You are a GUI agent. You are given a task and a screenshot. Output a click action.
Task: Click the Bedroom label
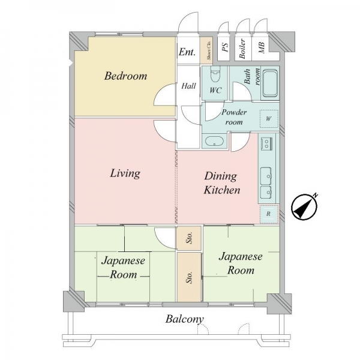tap(125, 76)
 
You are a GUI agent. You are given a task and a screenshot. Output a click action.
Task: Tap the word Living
tap(125, 173)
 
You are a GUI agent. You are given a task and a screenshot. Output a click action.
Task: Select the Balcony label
tap(185, 319)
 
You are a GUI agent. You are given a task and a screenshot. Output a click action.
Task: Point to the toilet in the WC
tap(215, 74)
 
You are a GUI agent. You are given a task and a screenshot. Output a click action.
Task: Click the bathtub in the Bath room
tap(270, 83)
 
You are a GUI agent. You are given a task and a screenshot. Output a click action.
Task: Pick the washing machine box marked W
tap(269, 119)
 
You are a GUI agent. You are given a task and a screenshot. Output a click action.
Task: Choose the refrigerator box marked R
tap(269, 214)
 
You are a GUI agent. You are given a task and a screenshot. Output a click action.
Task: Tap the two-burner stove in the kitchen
tap(266, 144)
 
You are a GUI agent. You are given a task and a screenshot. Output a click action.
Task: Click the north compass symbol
tap(304, 206)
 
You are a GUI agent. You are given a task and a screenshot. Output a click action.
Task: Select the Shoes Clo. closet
tap(206, 50)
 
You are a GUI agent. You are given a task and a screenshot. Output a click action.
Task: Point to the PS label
tap(225, 47)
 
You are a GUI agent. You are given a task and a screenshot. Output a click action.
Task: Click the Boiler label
tap(242, 49)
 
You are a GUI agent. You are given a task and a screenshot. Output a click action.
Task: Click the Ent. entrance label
tap(187, 52)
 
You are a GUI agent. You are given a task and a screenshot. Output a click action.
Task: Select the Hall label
tap(188, 86)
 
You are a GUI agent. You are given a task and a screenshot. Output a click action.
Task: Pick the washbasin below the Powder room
tap(214, 141)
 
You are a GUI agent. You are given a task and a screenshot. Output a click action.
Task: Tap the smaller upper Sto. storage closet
tap(189, 238)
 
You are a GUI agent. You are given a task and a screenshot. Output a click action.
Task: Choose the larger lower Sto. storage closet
tap(189, 277)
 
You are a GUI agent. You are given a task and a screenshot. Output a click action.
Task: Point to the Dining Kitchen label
tap(221, 183)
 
